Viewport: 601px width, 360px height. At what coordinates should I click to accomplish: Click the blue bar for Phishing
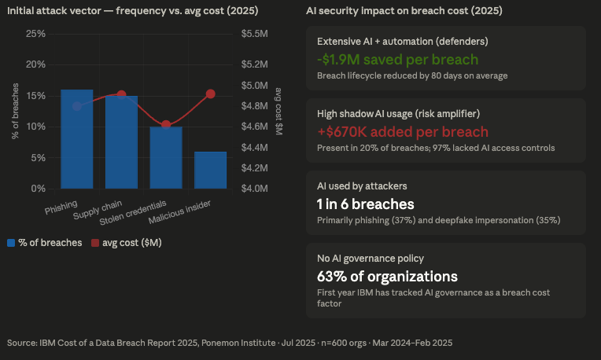pos(76,139)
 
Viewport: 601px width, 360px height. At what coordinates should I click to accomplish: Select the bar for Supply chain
pos(121,142)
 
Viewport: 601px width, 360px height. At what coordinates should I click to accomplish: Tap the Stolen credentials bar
pos(166,157)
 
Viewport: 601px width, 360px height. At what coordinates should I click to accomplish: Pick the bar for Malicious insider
pos(211,170)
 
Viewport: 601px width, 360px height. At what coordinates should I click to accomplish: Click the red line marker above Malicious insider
pos(211,94)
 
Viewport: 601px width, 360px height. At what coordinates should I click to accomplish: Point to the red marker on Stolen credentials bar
pos(166,124)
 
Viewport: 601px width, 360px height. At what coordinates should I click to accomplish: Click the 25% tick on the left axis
pos(35,34)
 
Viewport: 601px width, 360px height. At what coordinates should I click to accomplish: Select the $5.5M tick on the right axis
pos(256,34)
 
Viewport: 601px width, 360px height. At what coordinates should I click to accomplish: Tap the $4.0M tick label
pos(256,189)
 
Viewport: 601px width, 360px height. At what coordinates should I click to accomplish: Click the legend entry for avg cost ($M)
pos(127,243)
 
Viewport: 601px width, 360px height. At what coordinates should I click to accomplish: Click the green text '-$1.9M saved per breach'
pos(397,60)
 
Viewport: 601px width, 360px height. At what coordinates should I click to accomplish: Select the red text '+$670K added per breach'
pos(402,132)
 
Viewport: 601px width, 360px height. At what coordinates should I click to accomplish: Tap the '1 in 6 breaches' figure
pos(365,204)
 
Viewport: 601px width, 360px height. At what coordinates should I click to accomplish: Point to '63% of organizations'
pos(387,277)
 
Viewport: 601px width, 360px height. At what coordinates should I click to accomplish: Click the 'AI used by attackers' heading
pos(362,186)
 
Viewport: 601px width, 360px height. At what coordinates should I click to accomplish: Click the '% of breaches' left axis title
pos(15,111)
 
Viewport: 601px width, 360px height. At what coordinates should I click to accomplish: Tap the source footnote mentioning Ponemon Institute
pos(230,343)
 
